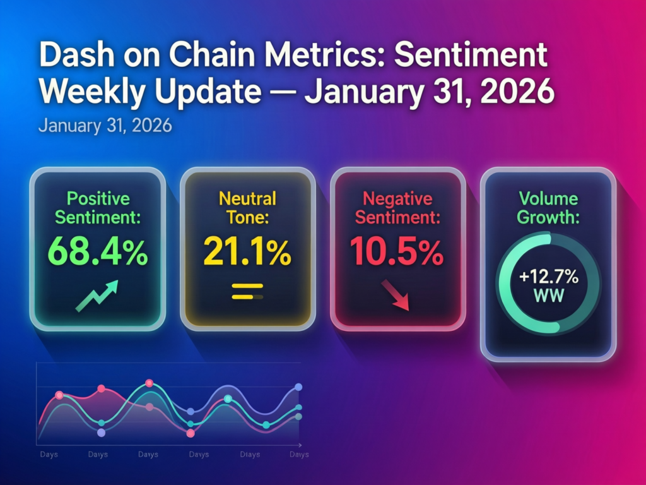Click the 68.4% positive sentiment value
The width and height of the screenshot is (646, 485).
pos(97,251)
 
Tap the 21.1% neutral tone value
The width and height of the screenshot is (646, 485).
pos(247,251)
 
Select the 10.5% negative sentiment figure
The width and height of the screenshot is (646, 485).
pos(397,251)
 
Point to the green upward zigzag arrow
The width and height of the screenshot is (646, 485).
pos(97,296)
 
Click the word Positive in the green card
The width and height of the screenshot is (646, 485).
pos(98,199)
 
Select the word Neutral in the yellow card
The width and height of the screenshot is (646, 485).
pos(247,198)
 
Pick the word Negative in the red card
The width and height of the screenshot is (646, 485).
pos(397,199)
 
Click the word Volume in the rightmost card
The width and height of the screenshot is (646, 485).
pos(547,198)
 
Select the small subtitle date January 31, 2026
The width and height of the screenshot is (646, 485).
pos(105,124)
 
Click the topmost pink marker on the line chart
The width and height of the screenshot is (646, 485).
pos(149,383)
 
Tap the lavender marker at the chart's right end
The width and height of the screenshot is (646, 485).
pos(298,387)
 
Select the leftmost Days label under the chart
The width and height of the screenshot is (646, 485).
pos(49,454)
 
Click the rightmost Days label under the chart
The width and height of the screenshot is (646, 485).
pos(298,454)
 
